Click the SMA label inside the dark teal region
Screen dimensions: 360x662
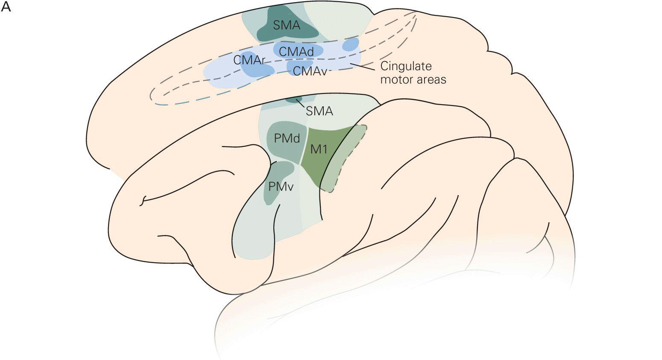(287, 25)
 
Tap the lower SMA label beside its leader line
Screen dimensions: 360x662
(319, 111)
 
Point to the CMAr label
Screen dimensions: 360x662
(249, 60)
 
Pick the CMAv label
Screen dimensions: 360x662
(310, 71)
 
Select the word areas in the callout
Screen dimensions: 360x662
(428, 79)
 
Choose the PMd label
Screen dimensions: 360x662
(287, 139)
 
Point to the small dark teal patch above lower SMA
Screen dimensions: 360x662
(293, 100)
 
